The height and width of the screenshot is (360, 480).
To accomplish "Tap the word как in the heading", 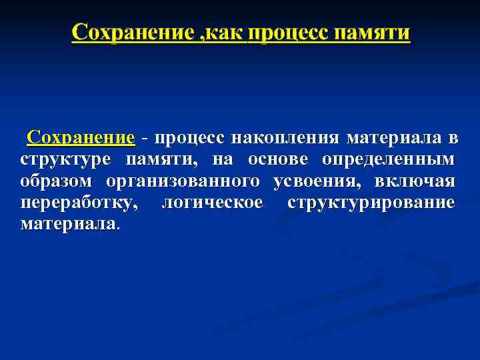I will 223,32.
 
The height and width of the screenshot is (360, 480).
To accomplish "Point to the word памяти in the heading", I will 373,32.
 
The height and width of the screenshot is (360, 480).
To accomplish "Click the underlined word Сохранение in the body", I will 81,138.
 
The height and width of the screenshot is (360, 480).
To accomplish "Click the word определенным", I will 389,160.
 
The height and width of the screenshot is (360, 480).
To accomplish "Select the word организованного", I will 182,181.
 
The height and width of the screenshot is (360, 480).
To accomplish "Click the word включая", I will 416,181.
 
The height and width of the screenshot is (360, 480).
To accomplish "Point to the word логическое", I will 212,203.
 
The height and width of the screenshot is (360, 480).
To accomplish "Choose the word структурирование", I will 371,203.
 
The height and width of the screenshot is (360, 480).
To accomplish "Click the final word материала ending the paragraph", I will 69,224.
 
